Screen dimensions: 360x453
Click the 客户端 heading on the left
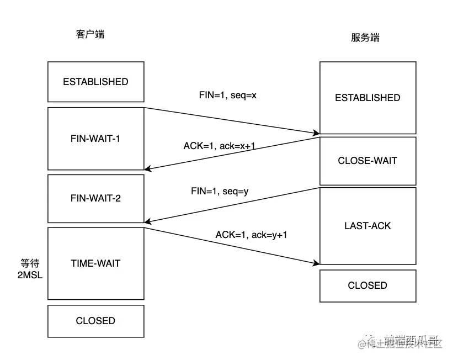(90, 34)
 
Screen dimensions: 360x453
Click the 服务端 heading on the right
(365, 38)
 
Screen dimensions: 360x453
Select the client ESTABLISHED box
(95, 82)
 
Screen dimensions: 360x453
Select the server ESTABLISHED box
(367, 98)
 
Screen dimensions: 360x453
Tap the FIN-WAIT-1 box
(95, 139)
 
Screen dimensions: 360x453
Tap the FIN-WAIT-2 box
(95, 198)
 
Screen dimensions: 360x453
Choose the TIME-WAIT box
(95, 263)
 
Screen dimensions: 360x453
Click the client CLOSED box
(95, 321)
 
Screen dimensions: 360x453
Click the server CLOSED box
(367, 285)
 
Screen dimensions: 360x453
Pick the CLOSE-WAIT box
(367, 161)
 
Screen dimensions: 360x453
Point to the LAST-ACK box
(367, 226)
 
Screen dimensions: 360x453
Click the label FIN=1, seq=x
(228, 95)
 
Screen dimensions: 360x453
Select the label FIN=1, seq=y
(220, 192)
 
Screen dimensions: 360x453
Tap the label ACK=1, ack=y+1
(252, 235)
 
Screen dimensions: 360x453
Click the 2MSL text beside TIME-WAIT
(30, 274)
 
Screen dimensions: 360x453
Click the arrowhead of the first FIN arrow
(317, 133)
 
